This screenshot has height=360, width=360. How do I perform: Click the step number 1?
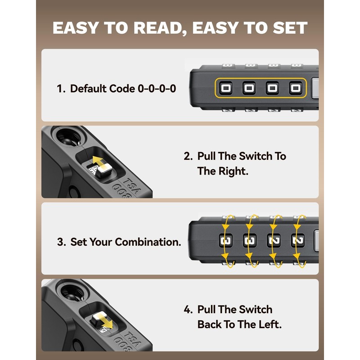pyautogui.click(x=60, y=89)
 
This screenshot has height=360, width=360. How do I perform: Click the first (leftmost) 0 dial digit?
pyautogui.click(x=225, y=88)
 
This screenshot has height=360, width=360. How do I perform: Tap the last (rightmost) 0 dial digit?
pyautogui.click(x=295, y=88)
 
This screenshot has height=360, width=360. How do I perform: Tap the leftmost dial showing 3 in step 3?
pyautogui.click(x=225, y=241)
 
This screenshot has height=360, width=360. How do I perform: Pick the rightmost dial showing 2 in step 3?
pyautogui.click(x=297, y=241)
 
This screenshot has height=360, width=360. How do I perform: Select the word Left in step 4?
pyautogui.click(x=268, y=324)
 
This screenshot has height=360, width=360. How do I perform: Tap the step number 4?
pyautogui.click(x=188, y=310)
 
